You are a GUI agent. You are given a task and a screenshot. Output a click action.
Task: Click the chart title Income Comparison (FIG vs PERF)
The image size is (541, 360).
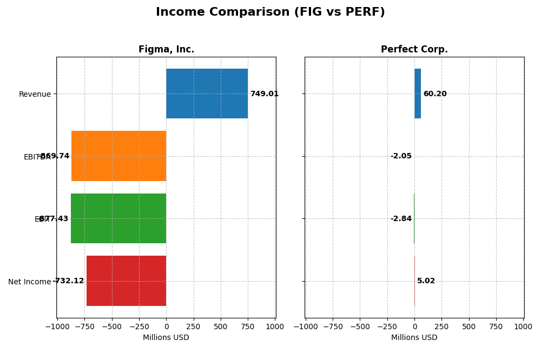point(270,12)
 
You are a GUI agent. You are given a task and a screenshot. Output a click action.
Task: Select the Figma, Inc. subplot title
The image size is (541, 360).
point(166,50)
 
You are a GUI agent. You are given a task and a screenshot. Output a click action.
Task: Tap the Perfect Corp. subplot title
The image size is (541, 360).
point(414,50)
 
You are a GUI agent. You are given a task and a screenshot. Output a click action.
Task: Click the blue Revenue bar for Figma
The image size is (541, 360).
point(207,94)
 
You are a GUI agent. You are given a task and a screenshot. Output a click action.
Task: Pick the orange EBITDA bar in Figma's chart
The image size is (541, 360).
point(118,156)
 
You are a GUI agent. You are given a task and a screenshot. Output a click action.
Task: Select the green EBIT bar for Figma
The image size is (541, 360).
point(118,218)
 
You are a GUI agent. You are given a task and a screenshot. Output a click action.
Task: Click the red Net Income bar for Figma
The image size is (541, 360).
point(126,281)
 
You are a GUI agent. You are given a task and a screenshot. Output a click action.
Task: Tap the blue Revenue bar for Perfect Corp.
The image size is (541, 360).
point(418,94)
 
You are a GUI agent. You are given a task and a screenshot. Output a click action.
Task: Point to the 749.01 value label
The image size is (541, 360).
point(264,94)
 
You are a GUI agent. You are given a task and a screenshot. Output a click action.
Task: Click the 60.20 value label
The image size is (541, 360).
point(435,94)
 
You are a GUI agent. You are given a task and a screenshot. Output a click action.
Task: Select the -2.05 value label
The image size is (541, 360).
point(401,156)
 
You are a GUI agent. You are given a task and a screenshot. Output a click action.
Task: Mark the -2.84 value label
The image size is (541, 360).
point(401,219)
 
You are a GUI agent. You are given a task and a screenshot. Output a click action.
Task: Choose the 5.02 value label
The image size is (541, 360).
point(426,281)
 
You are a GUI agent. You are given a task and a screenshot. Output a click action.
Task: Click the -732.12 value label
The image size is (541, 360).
point(69,281)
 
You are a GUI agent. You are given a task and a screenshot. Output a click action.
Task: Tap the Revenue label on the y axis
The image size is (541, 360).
point(35,94)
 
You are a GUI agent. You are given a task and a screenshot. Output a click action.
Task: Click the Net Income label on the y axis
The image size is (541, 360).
point(29,282)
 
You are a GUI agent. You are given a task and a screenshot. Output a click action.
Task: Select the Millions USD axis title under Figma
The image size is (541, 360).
point(166,338)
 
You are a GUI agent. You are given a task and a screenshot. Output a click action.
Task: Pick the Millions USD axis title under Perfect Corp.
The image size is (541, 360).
point(414,338)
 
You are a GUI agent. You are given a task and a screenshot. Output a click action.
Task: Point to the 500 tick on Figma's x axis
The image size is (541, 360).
point(220,326)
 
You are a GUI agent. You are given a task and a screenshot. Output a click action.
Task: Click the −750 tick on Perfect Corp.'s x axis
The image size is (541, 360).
point(333,326)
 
